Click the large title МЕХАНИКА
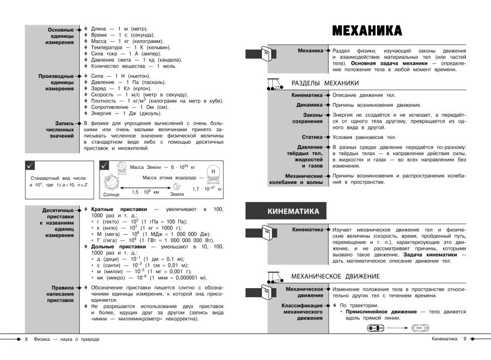pos(366,30)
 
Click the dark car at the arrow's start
pos(373,328)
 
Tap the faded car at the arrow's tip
pos(420,328)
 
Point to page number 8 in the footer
pos(26,340)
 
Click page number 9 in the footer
pos(464,340)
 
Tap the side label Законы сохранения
pos(309,119)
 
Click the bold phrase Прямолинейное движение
pos(379,312)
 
